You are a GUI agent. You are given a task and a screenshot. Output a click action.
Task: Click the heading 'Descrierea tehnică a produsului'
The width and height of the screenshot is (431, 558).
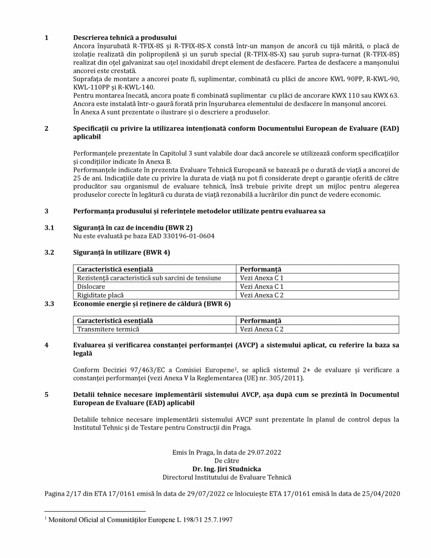[x=125, y=38]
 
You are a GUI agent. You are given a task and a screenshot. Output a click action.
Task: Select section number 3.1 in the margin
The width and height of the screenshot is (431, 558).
[x=49, y=227]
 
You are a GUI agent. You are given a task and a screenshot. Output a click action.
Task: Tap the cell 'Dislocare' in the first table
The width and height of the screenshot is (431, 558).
[x=91, y=287]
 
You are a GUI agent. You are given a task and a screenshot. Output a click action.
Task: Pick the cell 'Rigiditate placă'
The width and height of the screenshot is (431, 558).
[x=100, y=295]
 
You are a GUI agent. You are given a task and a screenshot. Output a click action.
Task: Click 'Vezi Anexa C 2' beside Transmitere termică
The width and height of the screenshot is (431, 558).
[x=262, y=329]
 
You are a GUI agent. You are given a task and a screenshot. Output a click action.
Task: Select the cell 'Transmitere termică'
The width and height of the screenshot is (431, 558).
[x=108, y=329]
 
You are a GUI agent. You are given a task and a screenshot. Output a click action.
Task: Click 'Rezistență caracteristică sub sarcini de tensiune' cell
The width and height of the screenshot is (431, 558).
[x=149, y=278]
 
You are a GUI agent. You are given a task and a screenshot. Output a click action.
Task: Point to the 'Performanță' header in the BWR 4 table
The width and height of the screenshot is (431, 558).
[x=260, y=269]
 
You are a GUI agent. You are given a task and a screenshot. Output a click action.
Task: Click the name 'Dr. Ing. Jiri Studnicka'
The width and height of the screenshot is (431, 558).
[x=227, y=468]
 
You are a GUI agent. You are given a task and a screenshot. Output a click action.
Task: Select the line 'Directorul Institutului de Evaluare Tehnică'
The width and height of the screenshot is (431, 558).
[x=227, y=477]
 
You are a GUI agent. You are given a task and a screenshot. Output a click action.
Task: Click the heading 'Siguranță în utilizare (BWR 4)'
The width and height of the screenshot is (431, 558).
[x=121, y=252]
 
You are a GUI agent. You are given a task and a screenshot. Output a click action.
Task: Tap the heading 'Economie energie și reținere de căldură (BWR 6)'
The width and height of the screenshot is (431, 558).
[x=151, y=304]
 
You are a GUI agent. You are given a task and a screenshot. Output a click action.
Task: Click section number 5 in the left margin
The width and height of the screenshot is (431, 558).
[x=46, y=394]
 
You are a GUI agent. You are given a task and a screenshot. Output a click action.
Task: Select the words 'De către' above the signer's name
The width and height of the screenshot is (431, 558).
[x=227, y=460]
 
